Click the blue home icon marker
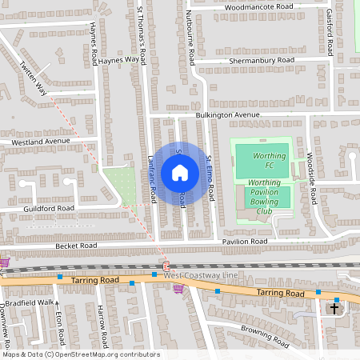pos(180,172)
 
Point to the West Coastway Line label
pos(201,276)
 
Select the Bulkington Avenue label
pos(228,115)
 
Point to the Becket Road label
pos(76,245)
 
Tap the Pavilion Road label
pos(244,241)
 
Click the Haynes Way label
pos(121,58)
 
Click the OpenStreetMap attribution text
pos(80,354)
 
